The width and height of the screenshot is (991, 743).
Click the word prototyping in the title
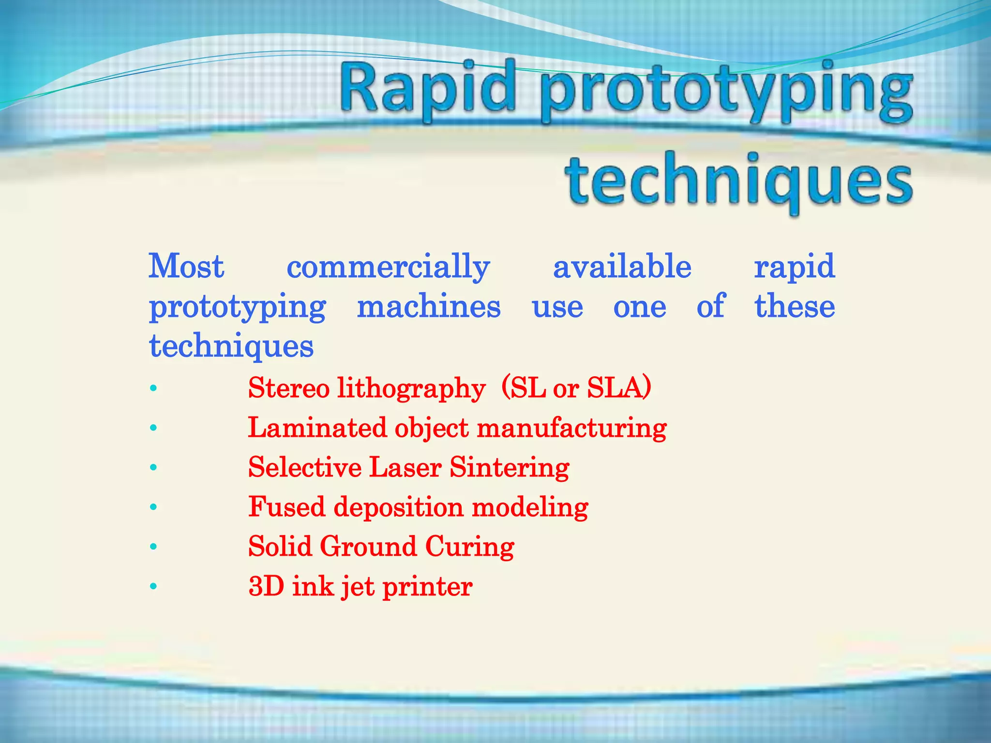coord(726,92)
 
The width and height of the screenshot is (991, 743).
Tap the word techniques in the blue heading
coord(738,181)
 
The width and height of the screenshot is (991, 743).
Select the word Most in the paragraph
coord(186,267)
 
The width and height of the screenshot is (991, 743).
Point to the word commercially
coord(388,267)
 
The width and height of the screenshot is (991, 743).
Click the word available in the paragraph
coord(622,267)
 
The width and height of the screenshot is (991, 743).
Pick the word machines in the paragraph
coord(429,307)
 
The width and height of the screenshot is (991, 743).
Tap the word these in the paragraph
coord(795,307)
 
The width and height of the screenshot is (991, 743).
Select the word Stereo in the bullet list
coord(289,388)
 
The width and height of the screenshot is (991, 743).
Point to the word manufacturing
coord(571,428)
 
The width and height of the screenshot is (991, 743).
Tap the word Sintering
coord(509,468)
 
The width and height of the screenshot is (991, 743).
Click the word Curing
coord(469,547)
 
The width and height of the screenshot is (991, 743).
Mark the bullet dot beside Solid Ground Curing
coord(153,547)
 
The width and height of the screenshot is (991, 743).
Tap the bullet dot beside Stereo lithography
coord(153,388)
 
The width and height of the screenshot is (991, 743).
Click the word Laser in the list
coord(405,468)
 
